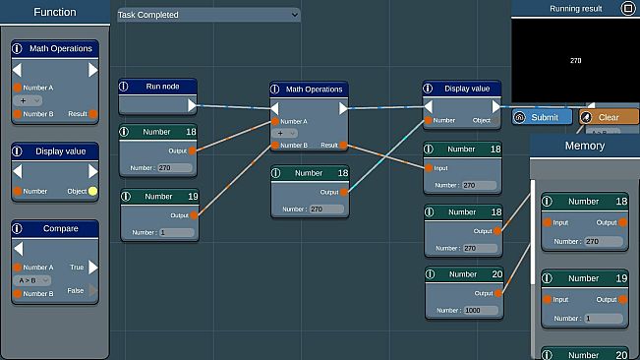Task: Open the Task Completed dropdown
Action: (207, 15)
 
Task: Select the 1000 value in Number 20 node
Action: (477, 309)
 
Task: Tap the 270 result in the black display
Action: (575, 60)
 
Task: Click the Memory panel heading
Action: (584, 146)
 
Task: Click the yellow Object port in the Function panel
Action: (93, 191)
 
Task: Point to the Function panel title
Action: (54, 13)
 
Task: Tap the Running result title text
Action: (576, 8)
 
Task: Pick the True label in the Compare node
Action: (77, 267)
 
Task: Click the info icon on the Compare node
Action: (18, 228)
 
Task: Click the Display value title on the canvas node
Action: (467, 89)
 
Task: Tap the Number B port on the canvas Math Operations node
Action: (274, 146)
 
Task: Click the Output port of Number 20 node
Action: (498, 293)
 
